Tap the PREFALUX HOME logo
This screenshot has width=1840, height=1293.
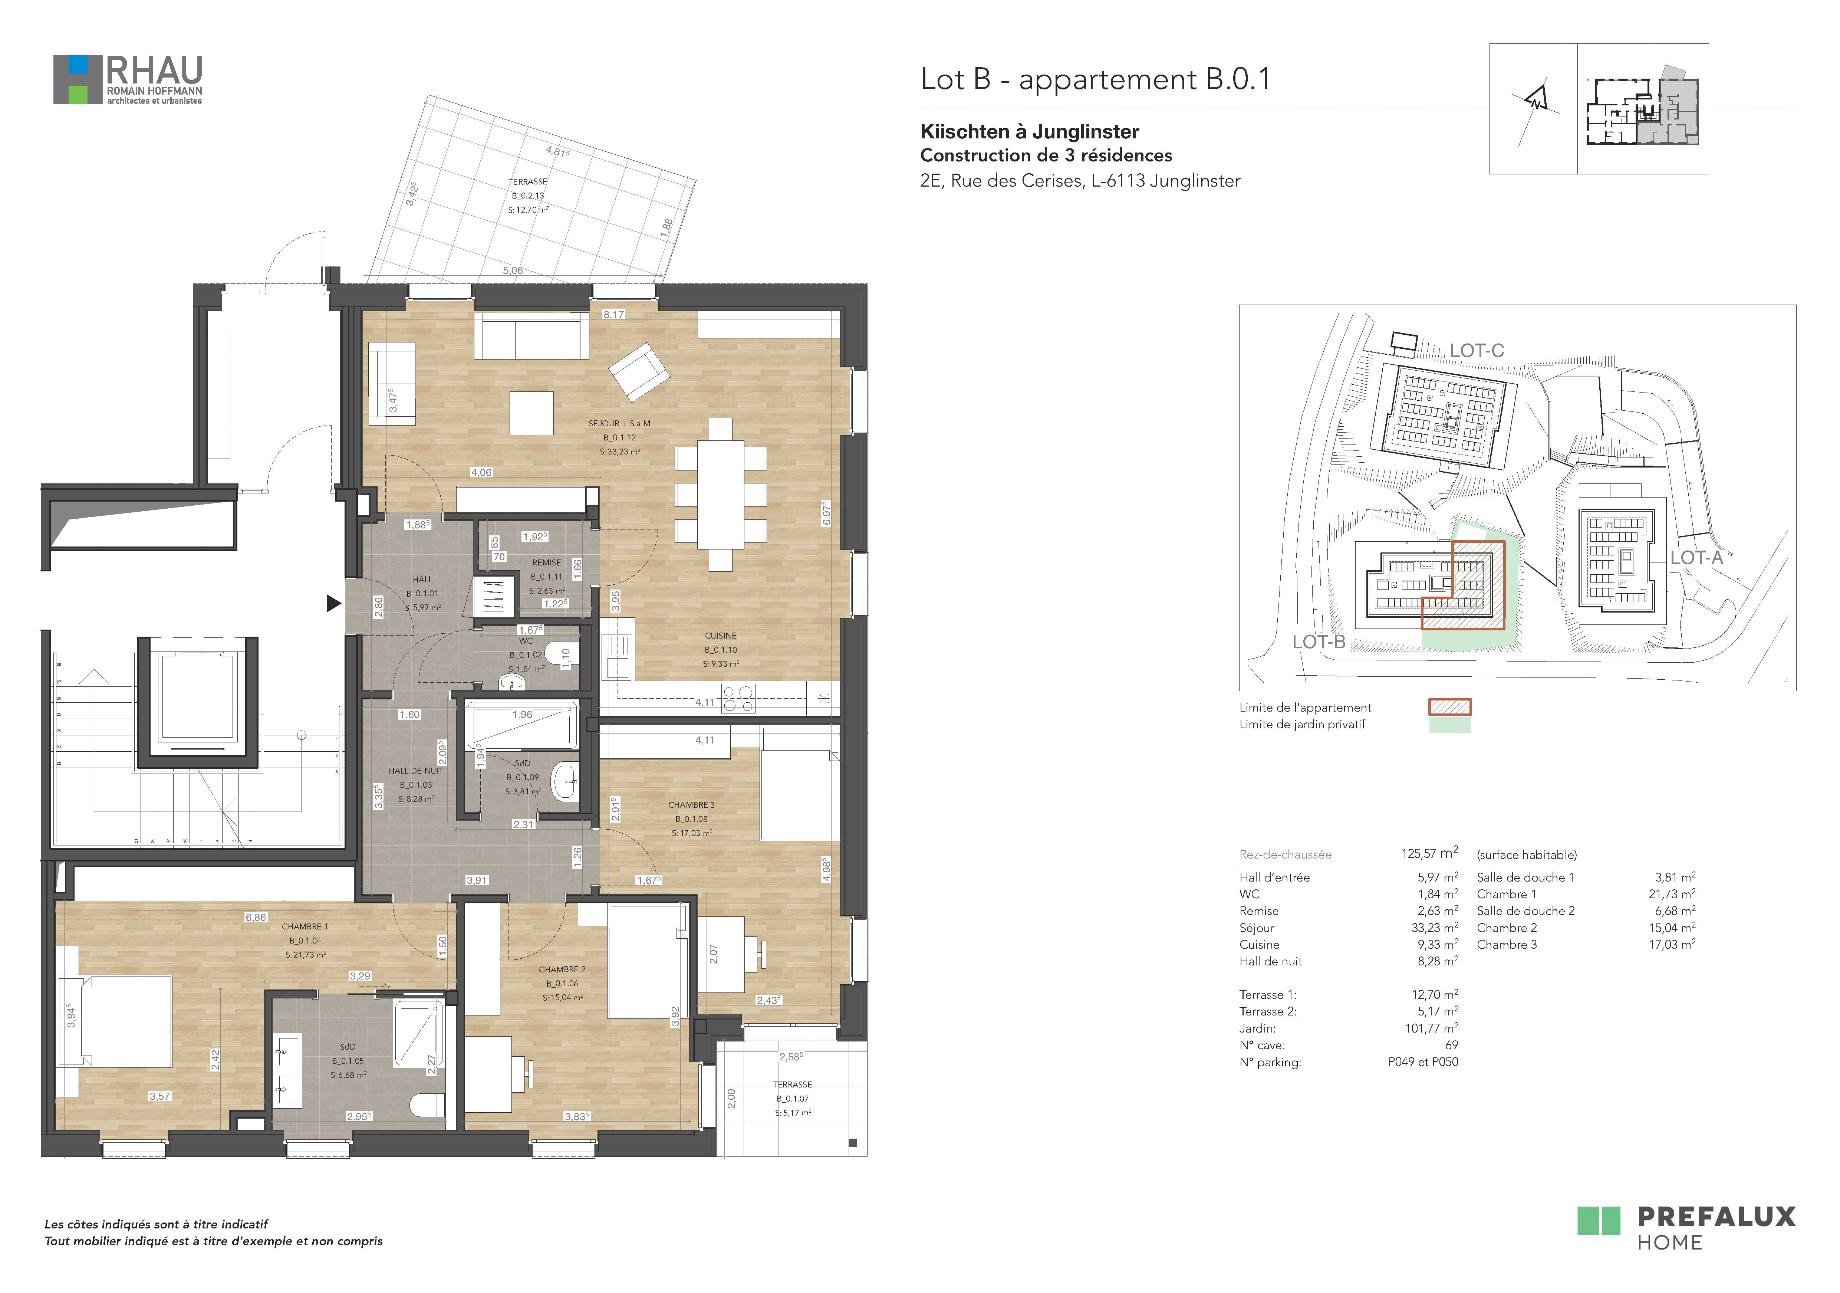pos(1686,1229)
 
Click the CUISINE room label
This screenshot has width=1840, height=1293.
pos(720,636)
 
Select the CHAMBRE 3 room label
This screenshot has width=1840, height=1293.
pos(691,805)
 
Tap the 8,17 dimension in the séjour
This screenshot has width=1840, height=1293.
pos(614,314)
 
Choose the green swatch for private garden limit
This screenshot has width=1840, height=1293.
pos(1450,725)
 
